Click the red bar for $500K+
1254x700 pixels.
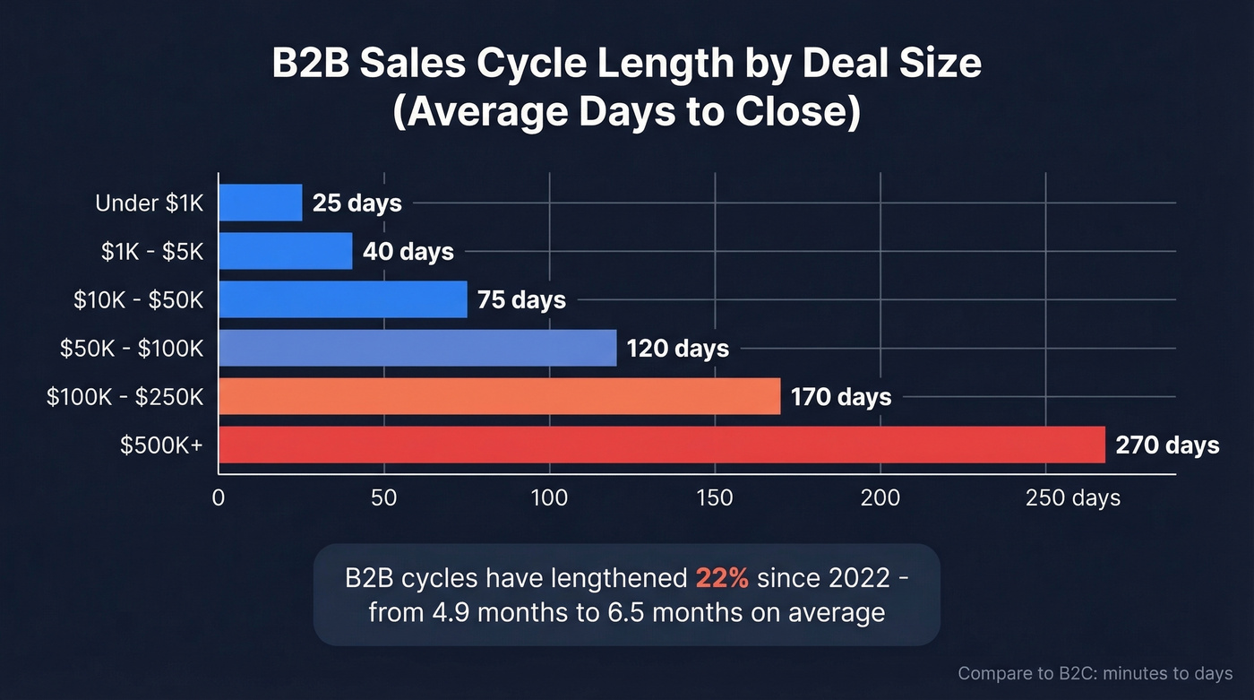(x=662, y=445)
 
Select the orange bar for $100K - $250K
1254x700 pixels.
(x=499, y=396)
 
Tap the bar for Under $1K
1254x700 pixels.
(x=261, y=203)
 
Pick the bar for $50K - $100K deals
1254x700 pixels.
(x=417, y=348)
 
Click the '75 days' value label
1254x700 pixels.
(x=521, y=299)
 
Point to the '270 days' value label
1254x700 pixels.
(x=1167, y=445)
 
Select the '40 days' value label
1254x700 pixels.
(x=408, y=252)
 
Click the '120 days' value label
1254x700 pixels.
(x=677, y=348)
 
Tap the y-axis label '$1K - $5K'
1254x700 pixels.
(x=152, y=252)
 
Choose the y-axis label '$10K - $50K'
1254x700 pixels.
(x=139, y=299)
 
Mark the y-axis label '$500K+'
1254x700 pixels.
(x=162, y=445)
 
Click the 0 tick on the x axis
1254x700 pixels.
(x=219, y=497)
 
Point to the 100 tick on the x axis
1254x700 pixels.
(x=549, y=497)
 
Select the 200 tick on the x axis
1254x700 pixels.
(x=880, y=497)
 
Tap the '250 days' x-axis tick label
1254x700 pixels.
(x=1072, y=497)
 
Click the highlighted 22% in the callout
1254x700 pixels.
(x=721, y=578)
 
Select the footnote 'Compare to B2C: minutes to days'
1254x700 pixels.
(x=1095, y=673)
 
